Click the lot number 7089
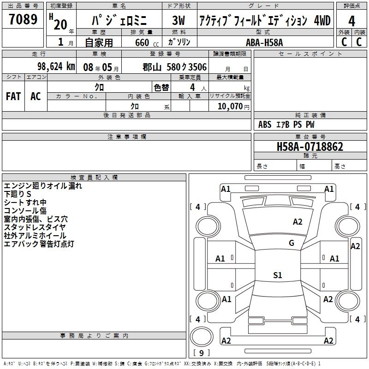(23, 20)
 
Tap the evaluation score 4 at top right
(352, 21)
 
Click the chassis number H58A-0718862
(310, 147)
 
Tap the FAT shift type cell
(13, 96)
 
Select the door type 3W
(178, 21)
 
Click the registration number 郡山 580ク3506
(175, 67)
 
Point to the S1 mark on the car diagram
(277, 275)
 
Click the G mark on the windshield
(291, 243)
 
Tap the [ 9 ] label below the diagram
(201, 353)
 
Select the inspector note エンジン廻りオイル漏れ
(43, 186)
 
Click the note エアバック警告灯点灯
(39, 244)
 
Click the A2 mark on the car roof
(298, 222)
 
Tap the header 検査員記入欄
(94, 178)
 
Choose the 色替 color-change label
(161, 88)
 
